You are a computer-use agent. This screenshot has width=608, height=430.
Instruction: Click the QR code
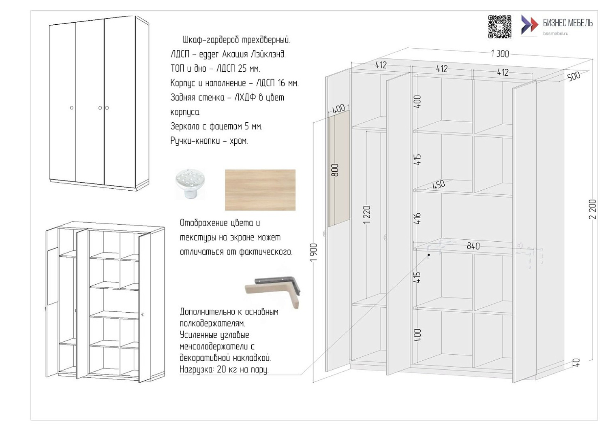(500, 27)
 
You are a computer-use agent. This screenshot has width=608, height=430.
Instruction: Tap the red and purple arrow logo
(529, 25)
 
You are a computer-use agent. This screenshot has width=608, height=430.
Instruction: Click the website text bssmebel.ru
(556, 34)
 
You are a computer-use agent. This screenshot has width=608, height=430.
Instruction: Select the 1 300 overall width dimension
(500, 53)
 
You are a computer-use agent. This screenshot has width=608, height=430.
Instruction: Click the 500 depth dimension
(574, 76)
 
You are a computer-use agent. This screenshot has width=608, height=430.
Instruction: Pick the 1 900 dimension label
(313, 252)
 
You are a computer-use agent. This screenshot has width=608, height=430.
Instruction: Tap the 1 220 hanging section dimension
(367, 215)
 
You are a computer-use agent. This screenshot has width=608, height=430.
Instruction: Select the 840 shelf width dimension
(473, 246)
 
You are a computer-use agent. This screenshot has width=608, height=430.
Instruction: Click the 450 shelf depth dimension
(439, 184)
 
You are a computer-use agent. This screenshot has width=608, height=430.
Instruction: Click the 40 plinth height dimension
(576, 362)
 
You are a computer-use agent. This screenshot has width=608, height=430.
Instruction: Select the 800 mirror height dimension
(335, 170)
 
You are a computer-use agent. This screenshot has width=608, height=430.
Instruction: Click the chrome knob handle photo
(190, 183)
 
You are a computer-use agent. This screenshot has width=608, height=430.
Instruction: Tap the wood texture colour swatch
(260, 190)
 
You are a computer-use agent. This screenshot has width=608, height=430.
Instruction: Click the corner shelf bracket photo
(273, 292)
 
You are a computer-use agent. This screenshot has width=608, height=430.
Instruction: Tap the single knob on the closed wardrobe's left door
(72, 108)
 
